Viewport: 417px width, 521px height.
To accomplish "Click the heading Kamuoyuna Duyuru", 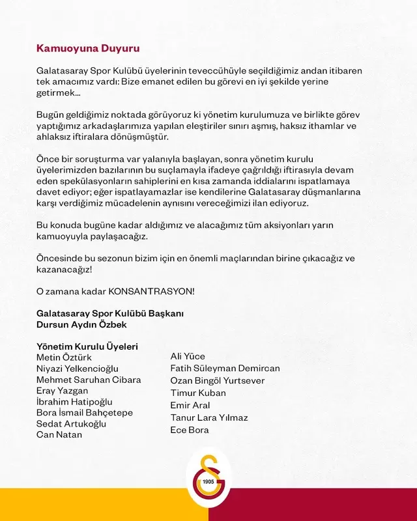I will pyautogui.click(x=87, y=48).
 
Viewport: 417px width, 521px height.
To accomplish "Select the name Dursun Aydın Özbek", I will pyautogui.click(x=81, y=324).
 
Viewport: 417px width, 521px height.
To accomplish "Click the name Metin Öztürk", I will pyautogui.click(x=64, y=358).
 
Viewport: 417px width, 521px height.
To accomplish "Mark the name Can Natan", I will pyautogui.click(x=59, y=434).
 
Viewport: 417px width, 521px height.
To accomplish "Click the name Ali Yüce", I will pyautogui.click(x=188, y=356).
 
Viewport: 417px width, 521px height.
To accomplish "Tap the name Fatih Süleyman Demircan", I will pyautogui.click(x=225, y=368).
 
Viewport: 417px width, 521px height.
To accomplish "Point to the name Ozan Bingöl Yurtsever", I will pyautogui.click(x=218, y=380).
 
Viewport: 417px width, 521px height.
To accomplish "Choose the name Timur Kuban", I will pyautogui.click(x=198, y=393).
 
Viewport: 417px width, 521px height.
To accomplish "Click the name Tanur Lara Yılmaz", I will pyautogui.click(x=209, y=417).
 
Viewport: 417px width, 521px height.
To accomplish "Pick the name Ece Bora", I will pyautogui.click(x=190, y=430).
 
